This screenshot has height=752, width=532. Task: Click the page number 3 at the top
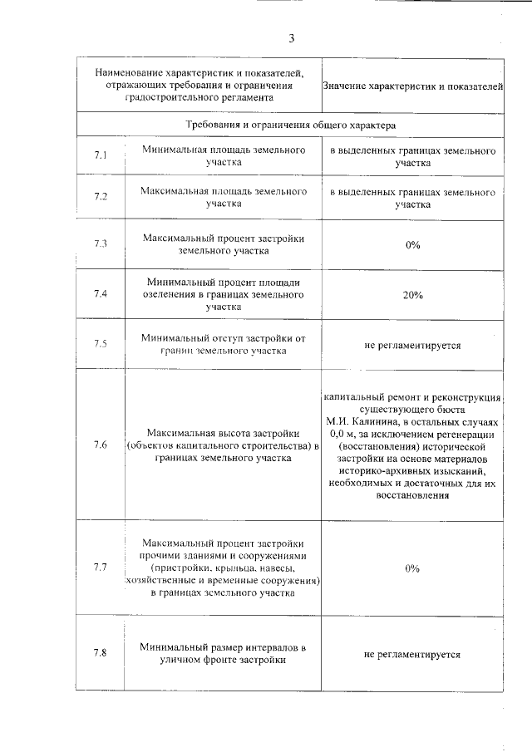292,38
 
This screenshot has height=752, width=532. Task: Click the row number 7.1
101,155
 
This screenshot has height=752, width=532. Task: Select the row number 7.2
101,196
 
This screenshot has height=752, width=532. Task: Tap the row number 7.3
101,244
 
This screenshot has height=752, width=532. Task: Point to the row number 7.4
101,294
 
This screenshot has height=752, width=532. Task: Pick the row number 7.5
101,343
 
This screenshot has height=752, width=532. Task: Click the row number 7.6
101,445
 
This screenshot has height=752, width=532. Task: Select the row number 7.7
101,568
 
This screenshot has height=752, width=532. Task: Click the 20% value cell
412,295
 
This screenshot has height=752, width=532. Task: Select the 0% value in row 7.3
412,245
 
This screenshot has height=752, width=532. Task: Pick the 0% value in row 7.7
412,568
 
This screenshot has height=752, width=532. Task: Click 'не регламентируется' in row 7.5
412,344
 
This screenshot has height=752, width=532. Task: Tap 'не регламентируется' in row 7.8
412,654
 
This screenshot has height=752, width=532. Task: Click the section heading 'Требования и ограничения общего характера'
290,125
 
